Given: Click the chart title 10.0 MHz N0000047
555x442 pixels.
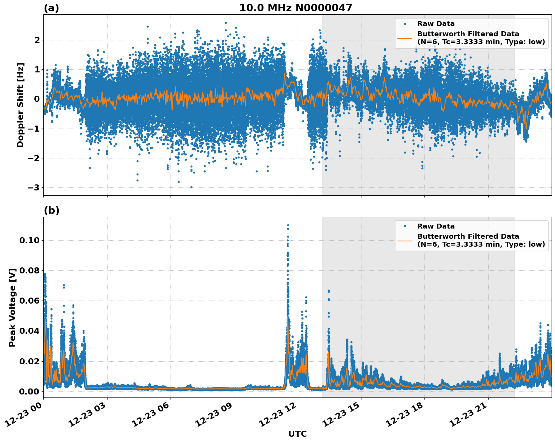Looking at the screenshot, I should [x=295, y=8].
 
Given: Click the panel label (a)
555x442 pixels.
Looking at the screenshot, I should [x=51, y=8].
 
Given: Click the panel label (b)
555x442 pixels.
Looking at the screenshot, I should [x=51, y=210].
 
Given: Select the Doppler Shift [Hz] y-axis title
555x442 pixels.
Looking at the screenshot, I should [x=20, y=105].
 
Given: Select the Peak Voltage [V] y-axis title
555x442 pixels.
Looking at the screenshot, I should [x=12, y=307].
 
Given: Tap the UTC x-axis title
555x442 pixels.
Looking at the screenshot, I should [x=297, y=434].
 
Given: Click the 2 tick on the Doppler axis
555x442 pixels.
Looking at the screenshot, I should [x=37, y=40].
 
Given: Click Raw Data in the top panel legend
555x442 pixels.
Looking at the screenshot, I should [x=436, y=24].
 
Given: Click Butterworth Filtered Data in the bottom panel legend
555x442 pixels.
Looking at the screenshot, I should [x=468, y=236].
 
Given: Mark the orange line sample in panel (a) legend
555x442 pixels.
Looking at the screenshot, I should [x=404, y=38].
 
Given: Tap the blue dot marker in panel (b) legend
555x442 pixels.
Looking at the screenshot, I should [x=404, y=226].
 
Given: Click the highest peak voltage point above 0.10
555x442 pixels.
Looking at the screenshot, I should [x=288, y=225].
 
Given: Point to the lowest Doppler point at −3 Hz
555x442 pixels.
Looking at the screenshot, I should [x=191, y=187].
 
